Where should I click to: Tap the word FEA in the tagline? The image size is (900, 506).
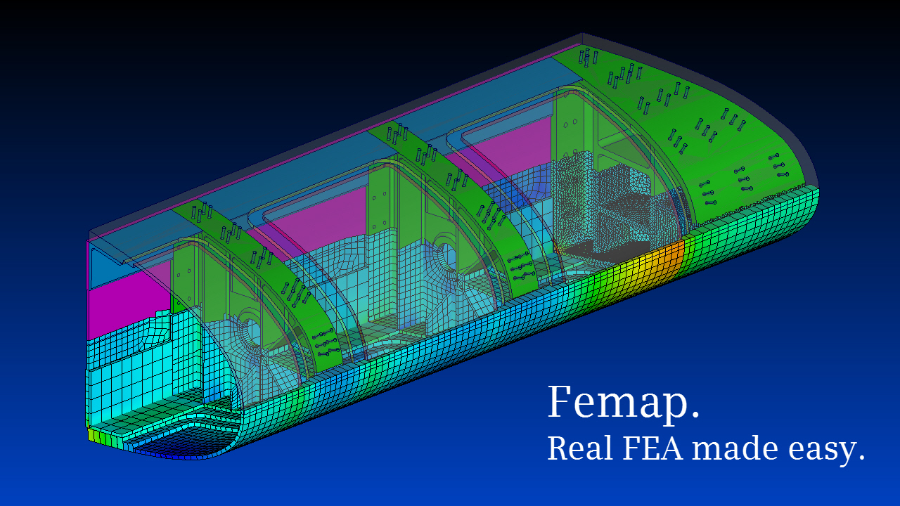[651, 448]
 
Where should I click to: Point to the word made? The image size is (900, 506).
[731, 448]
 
